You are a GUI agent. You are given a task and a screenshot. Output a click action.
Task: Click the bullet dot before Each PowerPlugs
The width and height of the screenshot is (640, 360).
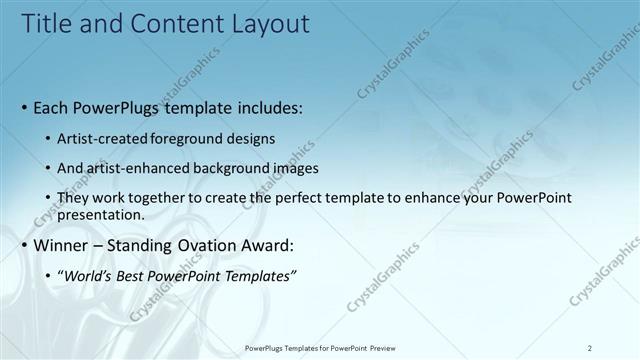[x=25, y=106]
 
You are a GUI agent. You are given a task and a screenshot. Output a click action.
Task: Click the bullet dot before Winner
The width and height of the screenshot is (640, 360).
[x=25, y=245]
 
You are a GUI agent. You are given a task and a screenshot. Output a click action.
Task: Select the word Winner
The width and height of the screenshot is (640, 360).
[x=62, y=245]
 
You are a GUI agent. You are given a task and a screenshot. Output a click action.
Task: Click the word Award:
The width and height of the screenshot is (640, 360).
[x=268, y=245]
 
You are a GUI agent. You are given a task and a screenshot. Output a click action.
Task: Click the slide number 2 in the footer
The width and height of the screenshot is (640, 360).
[x=590, y=347]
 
